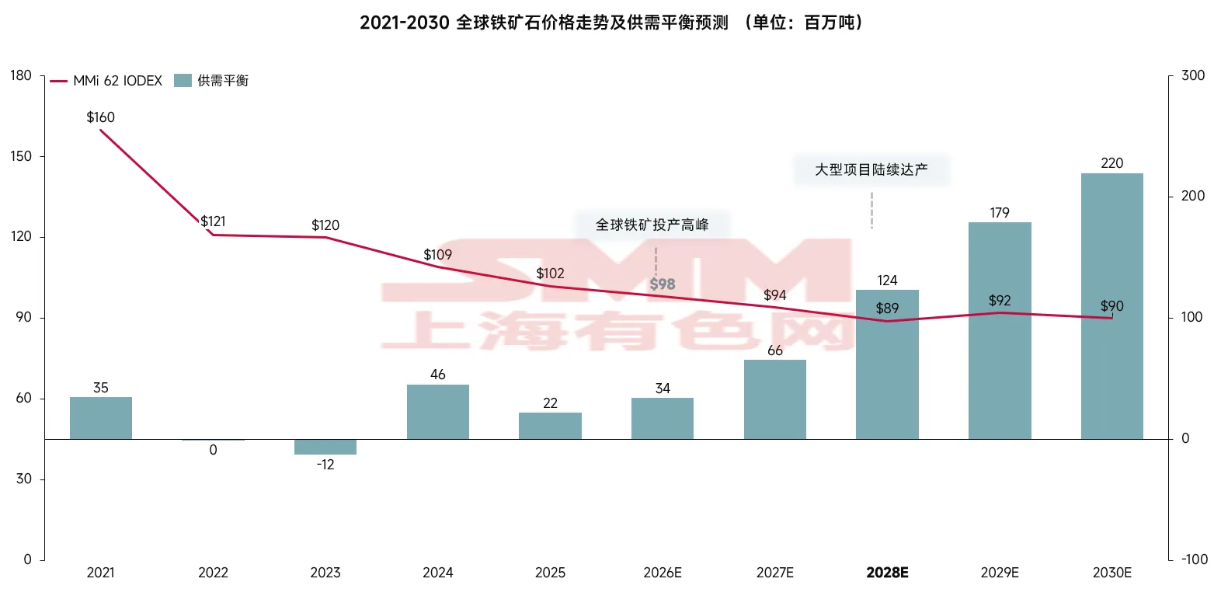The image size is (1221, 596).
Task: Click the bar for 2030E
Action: point(1111,306)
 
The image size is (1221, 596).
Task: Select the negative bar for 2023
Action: point(325,447)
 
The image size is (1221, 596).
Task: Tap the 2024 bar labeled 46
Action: point(438,412)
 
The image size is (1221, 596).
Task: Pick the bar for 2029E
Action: point(1000,330)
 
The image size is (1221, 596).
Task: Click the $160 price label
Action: point(100,117)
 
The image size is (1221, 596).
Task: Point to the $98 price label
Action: point(663,284)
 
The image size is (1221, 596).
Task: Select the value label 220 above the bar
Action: point(1111,163)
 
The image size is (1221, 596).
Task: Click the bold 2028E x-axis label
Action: point(887,573)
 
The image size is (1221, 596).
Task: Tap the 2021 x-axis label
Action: point(100,573)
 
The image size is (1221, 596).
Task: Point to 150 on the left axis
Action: point(21,156)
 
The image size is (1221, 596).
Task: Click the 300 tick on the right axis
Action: point(1192,75)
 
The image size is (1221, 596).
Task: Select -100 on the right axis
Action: point(1194,559)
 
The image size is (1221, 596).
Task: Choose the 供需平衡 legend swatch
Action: point(183,81)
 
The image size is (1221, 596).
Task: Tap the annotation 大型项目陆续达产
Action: point(871,169)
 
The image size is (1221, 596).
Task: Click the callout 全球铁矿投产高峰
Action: point(652,225)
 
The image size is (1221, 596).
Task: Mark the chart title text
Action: point(610,23)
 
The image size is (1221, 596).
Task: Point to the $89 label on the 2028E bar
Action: point(887,308)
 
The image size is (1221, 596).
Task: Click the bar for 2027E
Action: point(774,399)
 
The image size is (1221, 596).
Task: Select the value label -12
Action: point(325,465)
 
